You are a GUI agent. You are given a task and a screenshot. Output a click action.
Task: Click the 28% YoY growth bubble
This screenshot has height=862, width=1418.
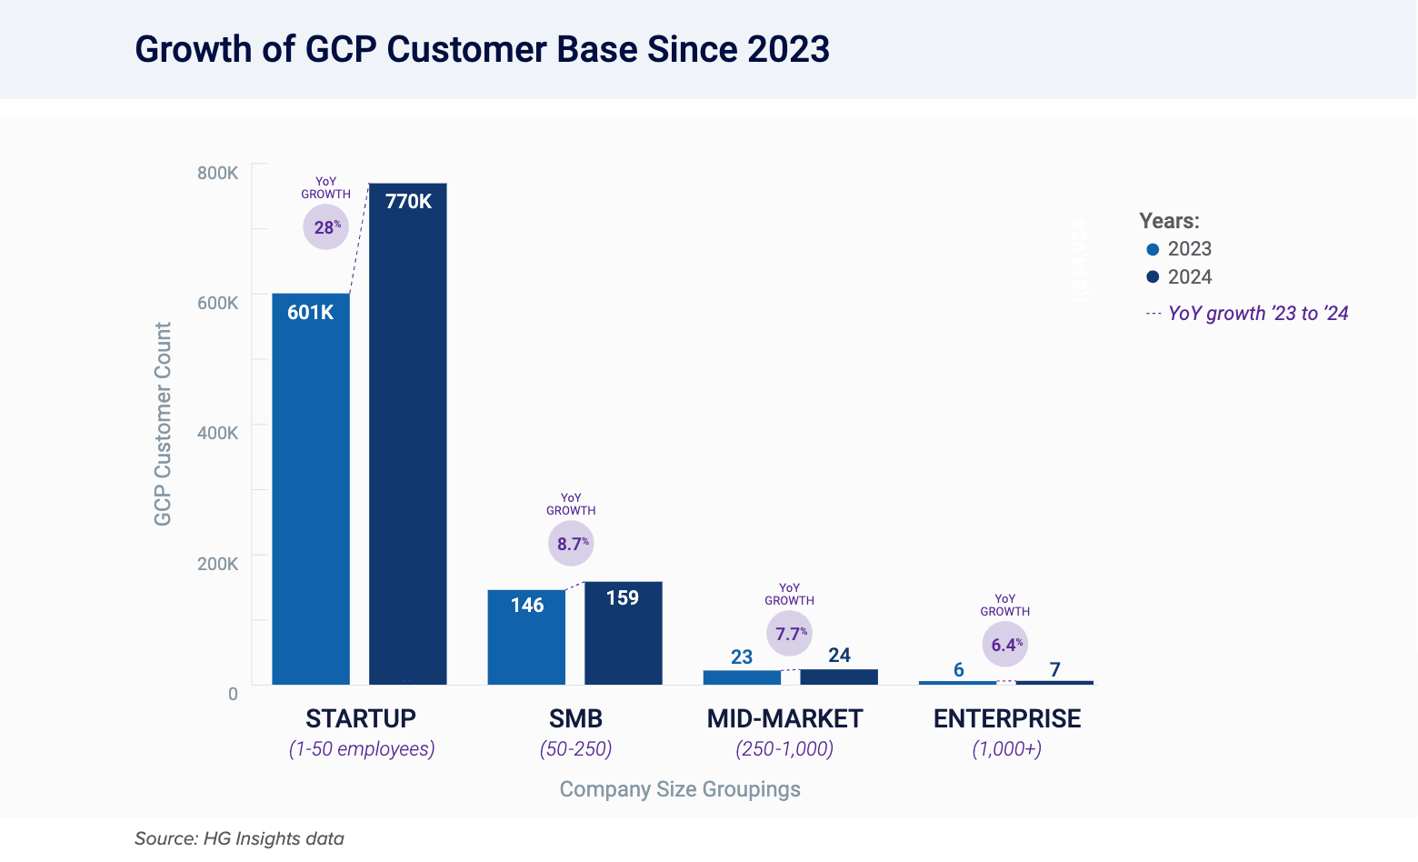pos(325,226)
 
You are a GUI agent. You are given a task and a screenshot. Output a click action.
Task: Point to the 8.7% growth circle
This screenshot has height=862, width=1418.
pos(571,544)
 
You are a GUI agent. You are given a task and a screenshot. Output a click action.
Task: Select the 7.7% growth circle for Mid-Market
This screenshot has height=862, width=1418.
pos(789,633)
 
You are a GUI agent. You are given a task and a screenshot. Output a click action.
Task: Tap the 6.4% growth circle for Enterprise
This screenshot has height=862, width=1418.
pos(1004,645)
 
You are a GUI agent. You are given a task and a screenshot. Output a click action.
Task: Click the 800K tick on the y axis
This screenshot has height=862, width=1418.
pos(218,173)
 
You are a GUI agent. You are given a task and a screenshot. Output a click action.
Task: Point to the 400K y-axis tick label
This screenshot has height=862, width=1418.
pos(218,433)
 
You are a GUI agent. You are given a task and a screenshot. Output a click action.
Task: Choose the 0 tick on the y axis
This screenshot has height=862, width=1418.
pos(233,694)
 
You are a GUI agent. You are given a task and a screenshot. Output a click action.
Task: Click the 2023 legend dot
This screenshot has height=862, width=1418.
pos(1153,249)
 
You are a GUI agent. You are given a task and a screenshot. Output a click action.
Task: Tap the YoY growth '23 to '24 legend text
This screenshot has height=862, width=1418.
pos(1257,314)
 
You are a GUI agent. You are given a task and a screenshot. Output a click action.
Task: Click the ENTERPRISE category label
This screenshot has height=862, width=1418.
pos(1006,718)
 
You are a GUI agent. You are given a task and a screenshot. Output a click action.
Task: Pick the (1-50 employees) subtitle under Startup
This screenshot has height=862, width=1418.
pos(362,749)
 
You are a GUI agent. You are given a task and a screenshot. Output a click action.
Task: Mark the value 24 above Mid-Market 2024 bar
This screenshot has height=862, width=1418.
pos(839,655)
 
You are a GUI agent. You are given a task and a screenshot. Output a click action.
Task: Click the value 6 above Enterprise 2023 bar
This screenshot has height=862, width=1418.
pos(958,670)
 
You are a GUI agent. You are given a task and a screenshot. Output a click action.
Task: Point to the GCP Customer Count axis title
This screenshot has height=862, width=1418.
pos(163,424)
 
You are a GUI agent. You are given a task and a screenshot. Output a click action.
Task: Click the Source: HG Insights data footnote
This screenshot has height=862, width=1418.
pos(239,838)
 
